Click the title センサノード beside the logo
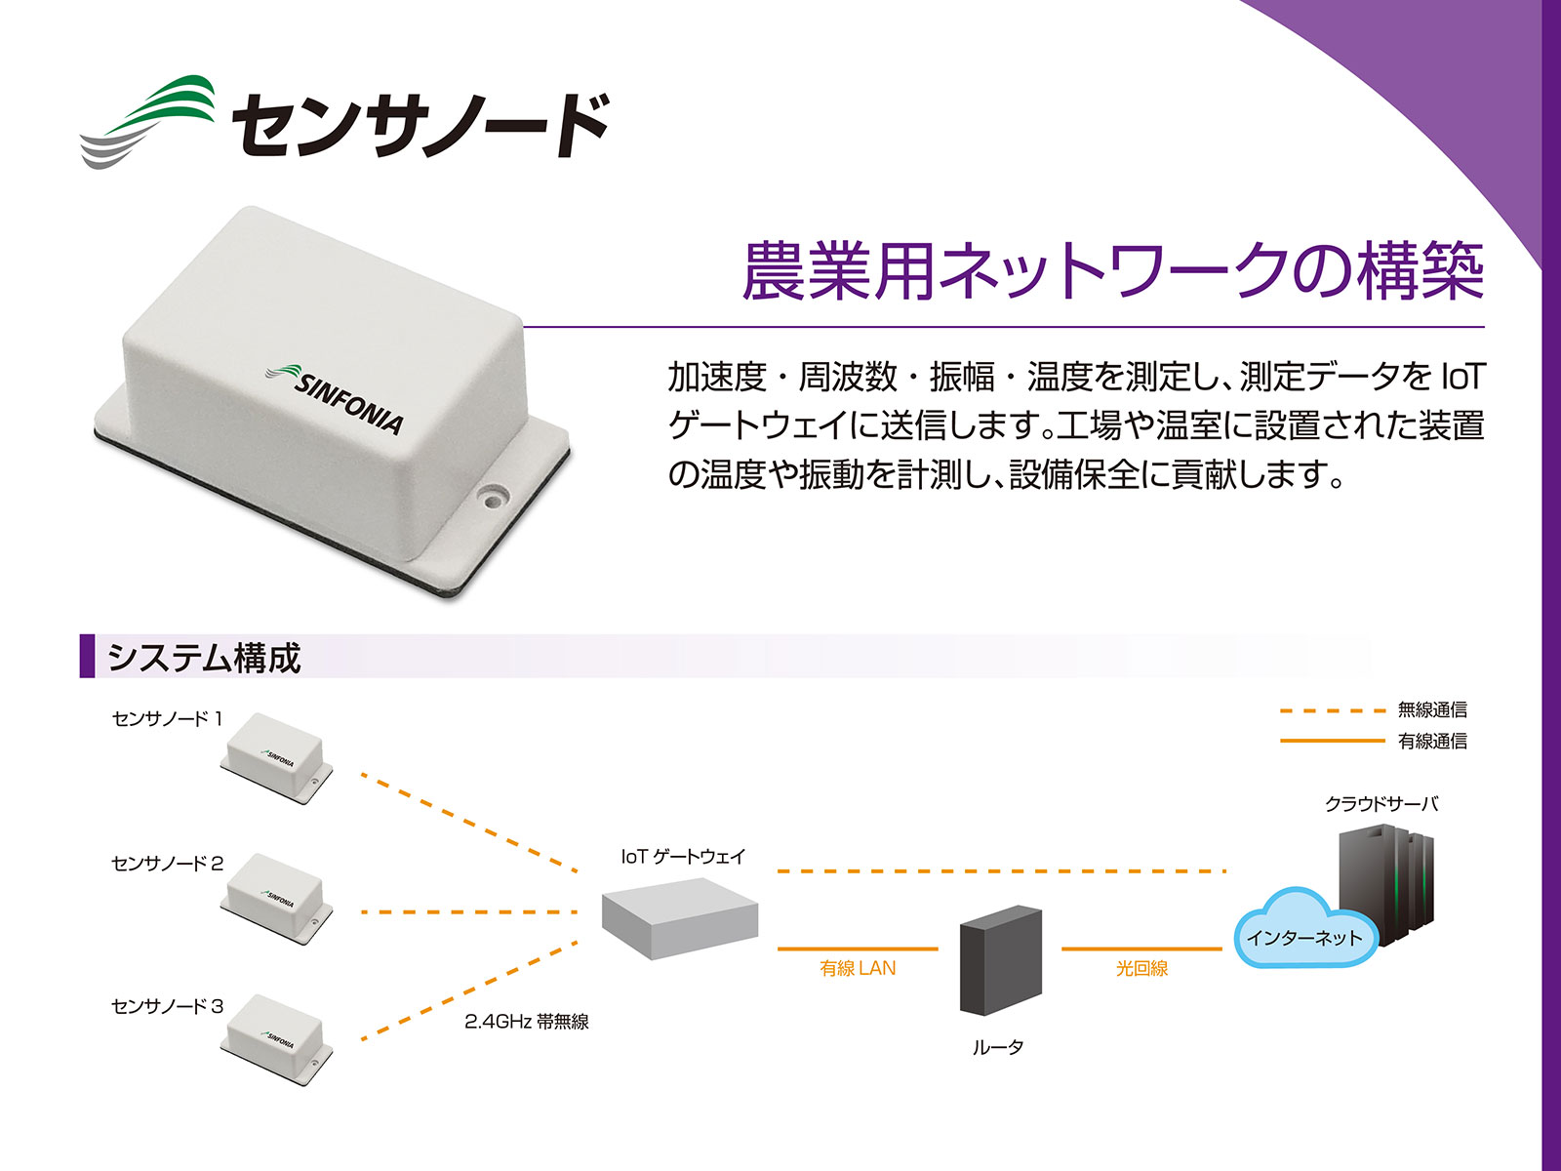(420, 125)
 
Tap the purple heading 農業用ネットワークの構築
(1113, 271)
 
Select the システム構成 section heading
(203, 657)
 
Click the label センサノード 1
(168, 719)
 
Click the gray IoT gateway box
(680, 918)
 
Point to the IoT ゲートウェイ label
(683, 857)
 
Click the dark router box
(1001, 960)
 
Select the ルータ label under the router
(998, 1046)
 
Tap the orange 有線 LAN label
(858, 968)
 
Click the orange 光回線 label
(1142, 968)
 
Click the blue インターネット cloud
(1304, 929)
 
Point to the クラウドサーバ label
(1381, 804)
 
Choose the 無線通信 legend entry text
(1432, 709)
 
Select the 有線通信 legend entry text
(1432, 741)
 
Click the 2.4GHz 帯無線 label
(526, 1022)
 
